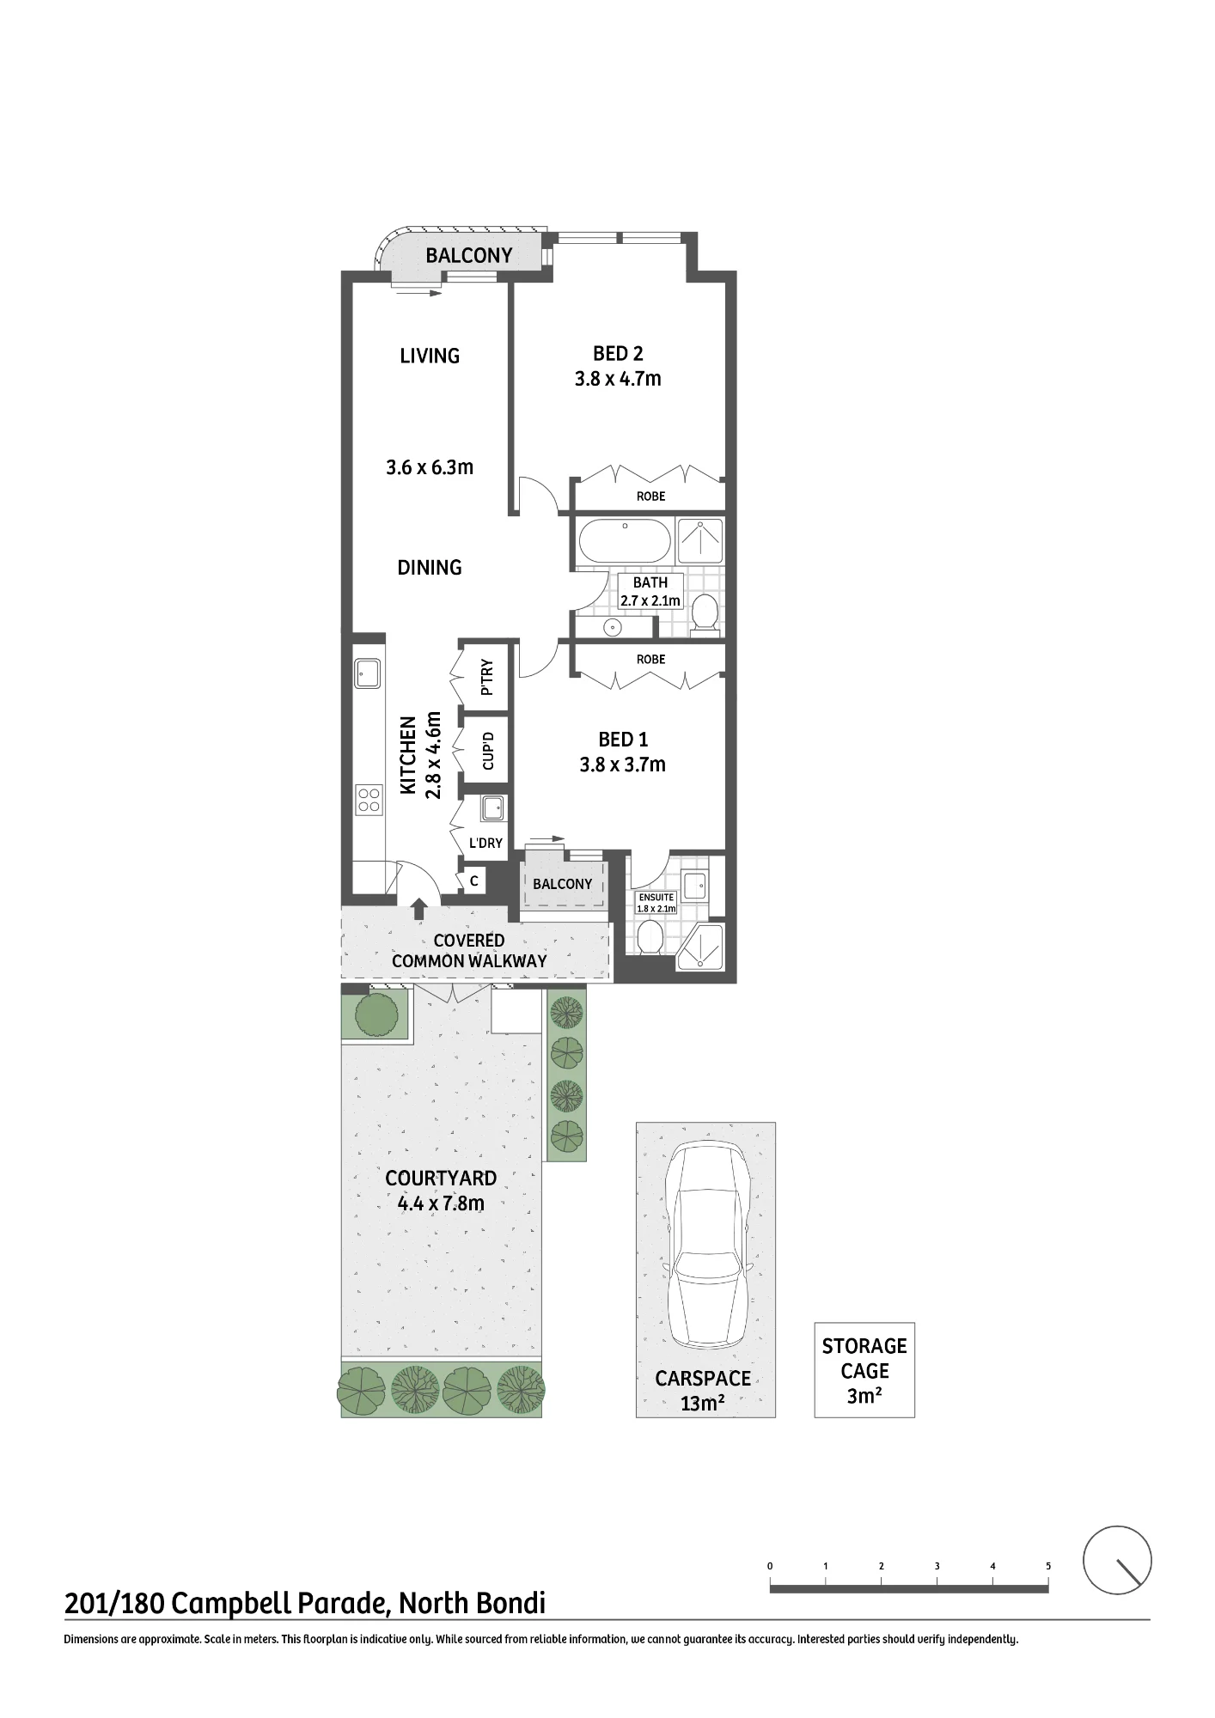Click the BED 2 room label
618,353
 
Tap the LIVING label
430,356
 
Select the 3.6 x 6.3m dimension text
430,467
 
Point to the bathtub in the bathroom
625,541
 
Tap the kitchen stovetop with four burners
369,800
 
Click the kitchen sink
369,673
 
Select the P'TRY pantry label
486,677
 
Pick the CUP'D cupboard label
487,750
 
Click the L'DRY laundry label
485,843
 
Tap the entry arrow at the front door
419,909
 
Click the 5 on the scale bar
1048,1566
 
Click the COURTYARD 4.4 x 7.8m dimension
441,1203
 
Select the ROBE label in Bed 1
650,660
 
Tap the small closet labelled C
473,880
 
